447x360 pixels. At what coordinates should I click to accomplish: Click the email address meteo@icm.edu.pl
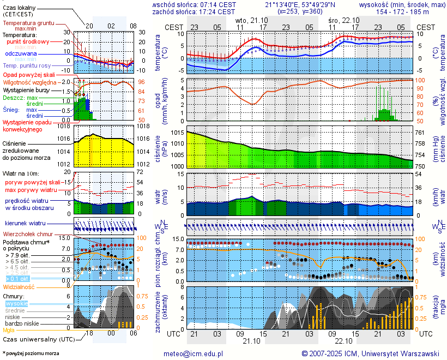[x=194, y=353]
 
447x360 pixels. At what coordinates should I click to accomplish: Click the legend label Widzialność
[x=19, y=286]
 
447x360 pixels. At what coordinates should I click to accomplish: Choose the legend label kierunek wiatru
[x=25, y=224]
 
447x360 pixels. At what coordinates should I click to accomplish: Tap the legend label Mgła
[x=9, y=330]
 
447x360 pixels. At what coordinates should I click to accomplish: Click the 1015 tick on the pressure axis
[x=177, y=133]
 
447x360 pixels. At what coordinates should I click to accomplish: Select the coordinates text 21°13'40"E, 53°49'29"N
[x=299, y=4]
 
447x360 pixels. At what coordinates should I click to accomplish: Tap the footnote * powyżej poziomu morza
[x=31, y=353]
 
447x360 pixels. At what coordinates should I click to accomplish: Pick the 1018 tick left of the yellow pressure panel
[x=65, y=127]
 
